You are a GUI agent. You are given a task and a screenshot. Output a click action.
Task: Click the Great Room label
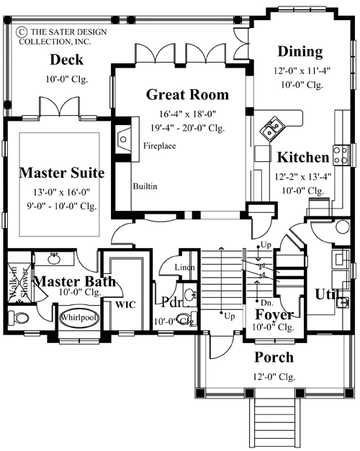(187, 95)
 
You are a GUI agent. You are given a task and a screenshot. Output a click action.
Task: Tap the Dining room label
(300, 52)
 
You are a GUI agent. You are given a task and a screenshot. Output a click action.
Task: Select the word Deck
(66, 60)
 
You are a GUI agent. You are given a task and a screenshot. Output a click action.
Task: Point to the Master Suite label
(62, 173)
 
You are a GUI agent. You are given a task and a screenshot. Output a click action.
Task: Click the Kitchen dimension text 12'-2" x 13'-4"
(303, 177)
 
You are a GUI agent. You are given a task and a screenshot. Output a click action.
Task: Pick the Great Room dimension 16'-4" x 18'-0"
(187, 114)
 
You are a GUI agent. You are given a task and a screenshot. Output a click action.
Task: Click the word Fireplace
(160, 146)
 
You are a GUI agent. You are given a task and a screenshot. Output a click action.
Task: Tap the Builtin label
(145, 186)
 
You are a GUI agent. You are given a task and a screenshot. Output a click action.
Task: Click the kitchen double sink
(271, 129)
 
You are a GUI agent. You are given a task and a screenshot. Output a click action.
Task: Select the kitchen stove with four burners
(341, 155)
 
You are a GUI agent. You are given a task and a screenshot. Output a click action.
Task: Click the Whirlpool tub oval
(79, 318)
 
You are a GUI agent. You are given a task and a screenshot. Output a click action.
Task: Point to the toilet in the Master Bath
(19, 318)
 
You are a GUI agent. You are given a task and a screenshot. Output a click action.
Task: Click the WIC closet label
(125, 305)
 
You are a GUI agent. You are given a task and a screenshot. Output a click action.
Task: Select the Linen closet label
(184, 267)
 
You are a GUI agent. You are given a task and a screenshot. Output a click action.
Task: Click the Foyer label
(274, 314)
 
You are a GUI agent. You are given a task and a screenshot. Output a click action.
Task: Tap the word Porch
(274, 357)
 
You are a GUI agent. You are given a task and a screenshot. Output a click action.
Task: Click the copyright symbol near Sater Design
(22, 32)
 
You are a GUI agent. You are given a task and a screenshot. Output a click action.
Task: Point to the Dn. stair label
(267, 303)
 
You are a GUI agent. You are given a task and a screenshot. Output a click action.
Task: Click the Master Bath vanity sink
(54, 259)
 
